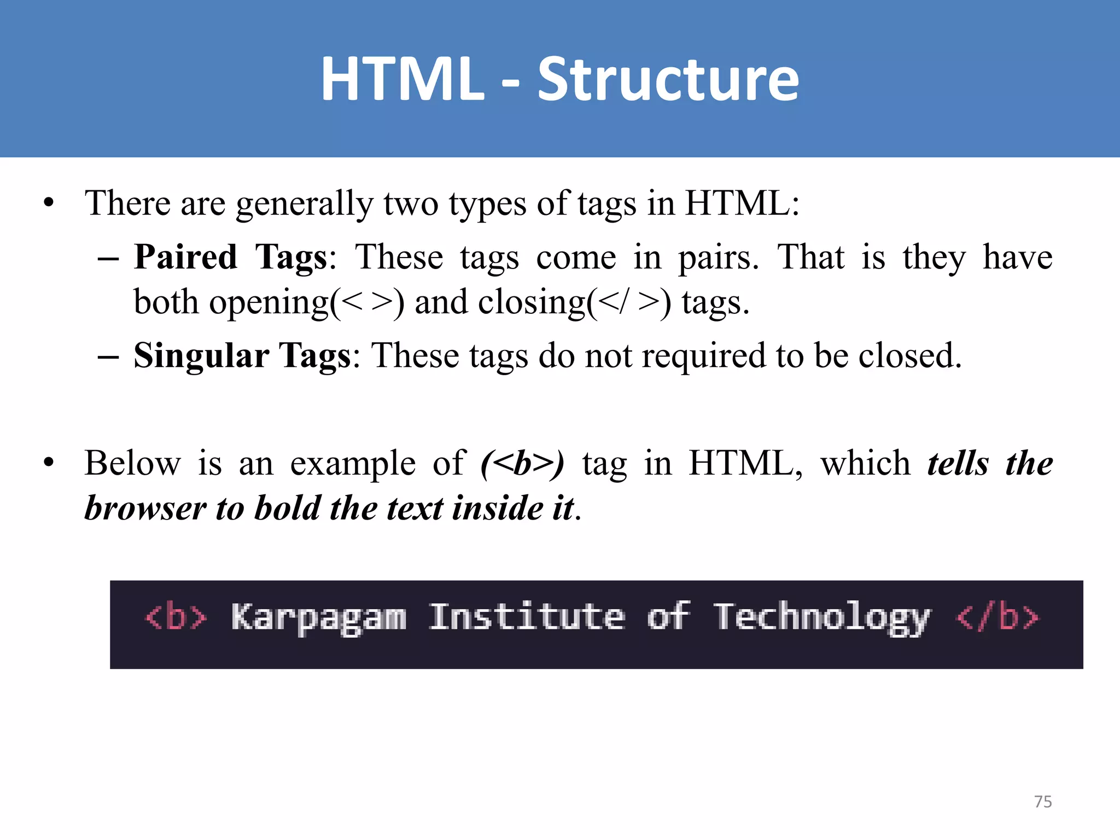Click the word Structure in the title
(668, 80)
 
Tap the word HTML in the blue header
(402, 80)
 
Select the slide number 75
(1043, 802)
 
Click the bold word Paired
(186, 257)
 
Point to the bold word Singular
(201, 356)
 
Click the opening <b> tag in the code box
(176, 617)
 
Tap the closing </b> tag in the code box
(997, 617)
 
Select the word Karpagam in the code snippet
(319, 618)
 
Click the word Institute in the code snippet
(527, 617)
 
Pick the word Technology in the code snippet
(821, 618)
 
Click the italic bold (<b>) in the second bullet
(522, 464)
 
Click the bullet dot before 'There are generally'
(49, 203)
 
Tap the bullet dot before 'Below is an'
(49, 464)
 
